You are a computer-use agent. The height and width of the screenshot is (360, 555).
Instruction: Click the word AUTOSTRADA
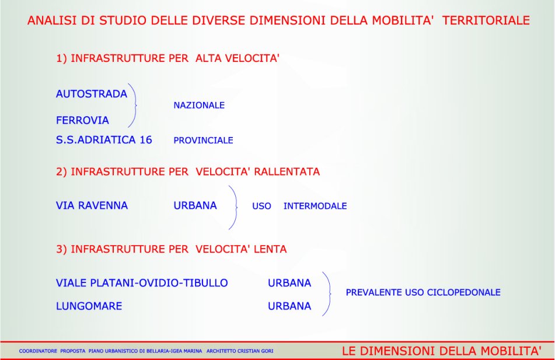coord(91,94)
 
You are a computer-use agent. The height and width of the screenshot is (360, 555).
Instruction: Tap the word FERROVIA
coord(82,120)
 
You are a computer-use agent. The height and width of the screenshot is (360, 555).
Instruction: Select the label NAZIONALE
coord(199,105)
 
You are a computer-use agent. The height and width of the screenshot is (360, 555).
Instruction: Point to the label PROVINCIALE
coord(203,141)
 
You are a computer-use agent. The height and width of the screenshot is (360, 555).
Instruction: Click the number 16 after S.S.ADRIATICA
coord(146,140)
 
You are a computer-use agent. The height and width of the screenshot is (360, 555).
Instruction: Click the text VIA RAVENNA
coord(92,205)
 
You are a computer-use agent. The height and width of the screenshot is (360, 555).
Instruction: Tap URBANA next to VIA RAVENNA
coord(195,205)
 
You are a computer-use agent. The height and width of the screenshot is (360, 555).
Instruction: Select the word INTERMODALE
coord(315,206)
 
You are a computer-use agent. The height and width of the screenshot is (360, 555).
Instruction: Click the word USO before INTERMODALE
coord(261,206)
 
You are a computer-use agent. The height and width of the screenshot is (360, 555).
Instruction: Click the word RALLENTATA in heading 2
coord(287,172)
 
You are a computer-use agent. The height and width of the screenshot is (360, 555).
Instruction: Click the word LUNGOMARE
coord(89,306)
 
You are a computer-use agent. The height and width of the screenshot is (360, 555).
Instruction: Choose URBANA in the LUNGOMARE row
coord(289,306)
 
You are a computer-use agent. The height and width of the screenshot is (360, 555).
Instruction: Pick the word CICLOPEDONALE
coord(464,292)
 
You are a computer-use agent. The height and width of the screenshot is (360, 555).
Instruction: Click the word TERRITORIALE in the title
coord(486,20)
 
